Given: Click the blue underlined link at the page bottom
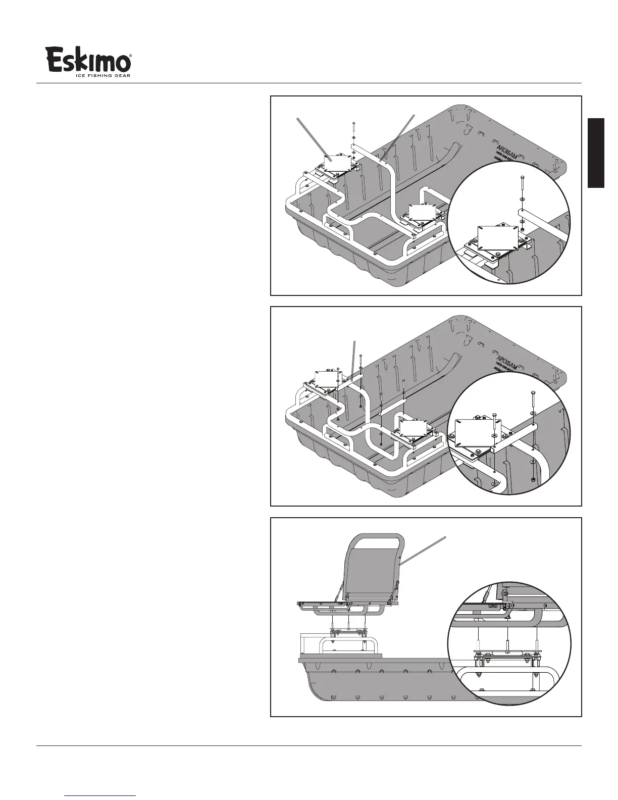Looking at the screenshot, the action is coord(100,796).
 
